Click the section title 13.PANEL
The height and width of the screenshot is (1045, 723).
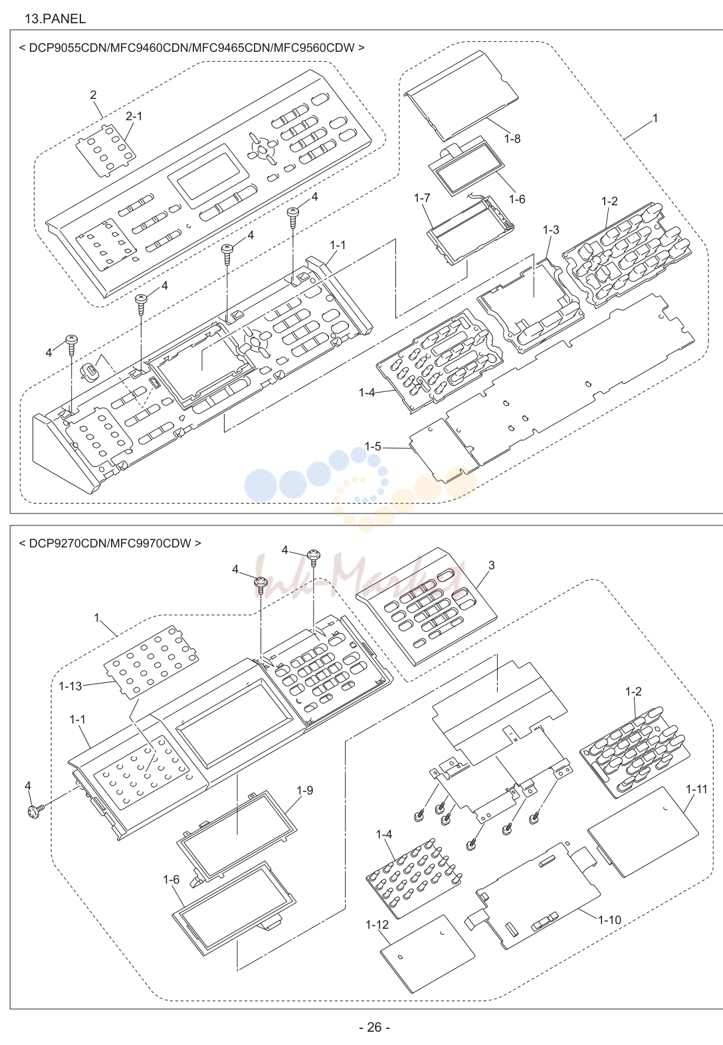(x=55, y=19)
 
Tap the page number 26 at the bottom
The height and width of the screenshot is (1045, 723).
(x=374, y=1027)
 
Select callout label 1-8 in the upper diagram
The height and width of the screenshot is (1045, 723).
(x=512, y=139)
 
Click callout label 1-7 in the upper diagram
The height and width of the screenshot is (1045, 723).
(x=422, y=198)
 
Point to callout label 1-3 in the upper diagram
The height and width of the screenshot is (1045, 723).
(x=551, y=229)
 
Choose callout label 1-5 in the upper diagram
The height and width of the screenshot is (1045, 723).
(x=373, y=446)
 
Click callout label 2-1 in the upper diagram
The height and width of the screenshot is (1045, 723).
(x=134, y=116)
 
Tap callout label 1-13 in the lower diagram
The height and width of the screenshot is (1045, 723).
(x=70, y=686)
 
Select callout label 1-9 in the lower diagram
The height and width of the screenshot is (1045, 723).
(x=305, y=791)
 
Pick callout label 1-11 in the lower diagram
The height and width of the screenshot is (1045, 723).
(x=696, y=789)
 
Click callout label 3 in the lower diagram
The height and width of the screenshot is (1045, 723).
(x=492, y=565)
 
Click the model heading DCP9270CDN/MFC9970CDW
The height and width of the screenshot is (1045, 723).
(x=110, y=543)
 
